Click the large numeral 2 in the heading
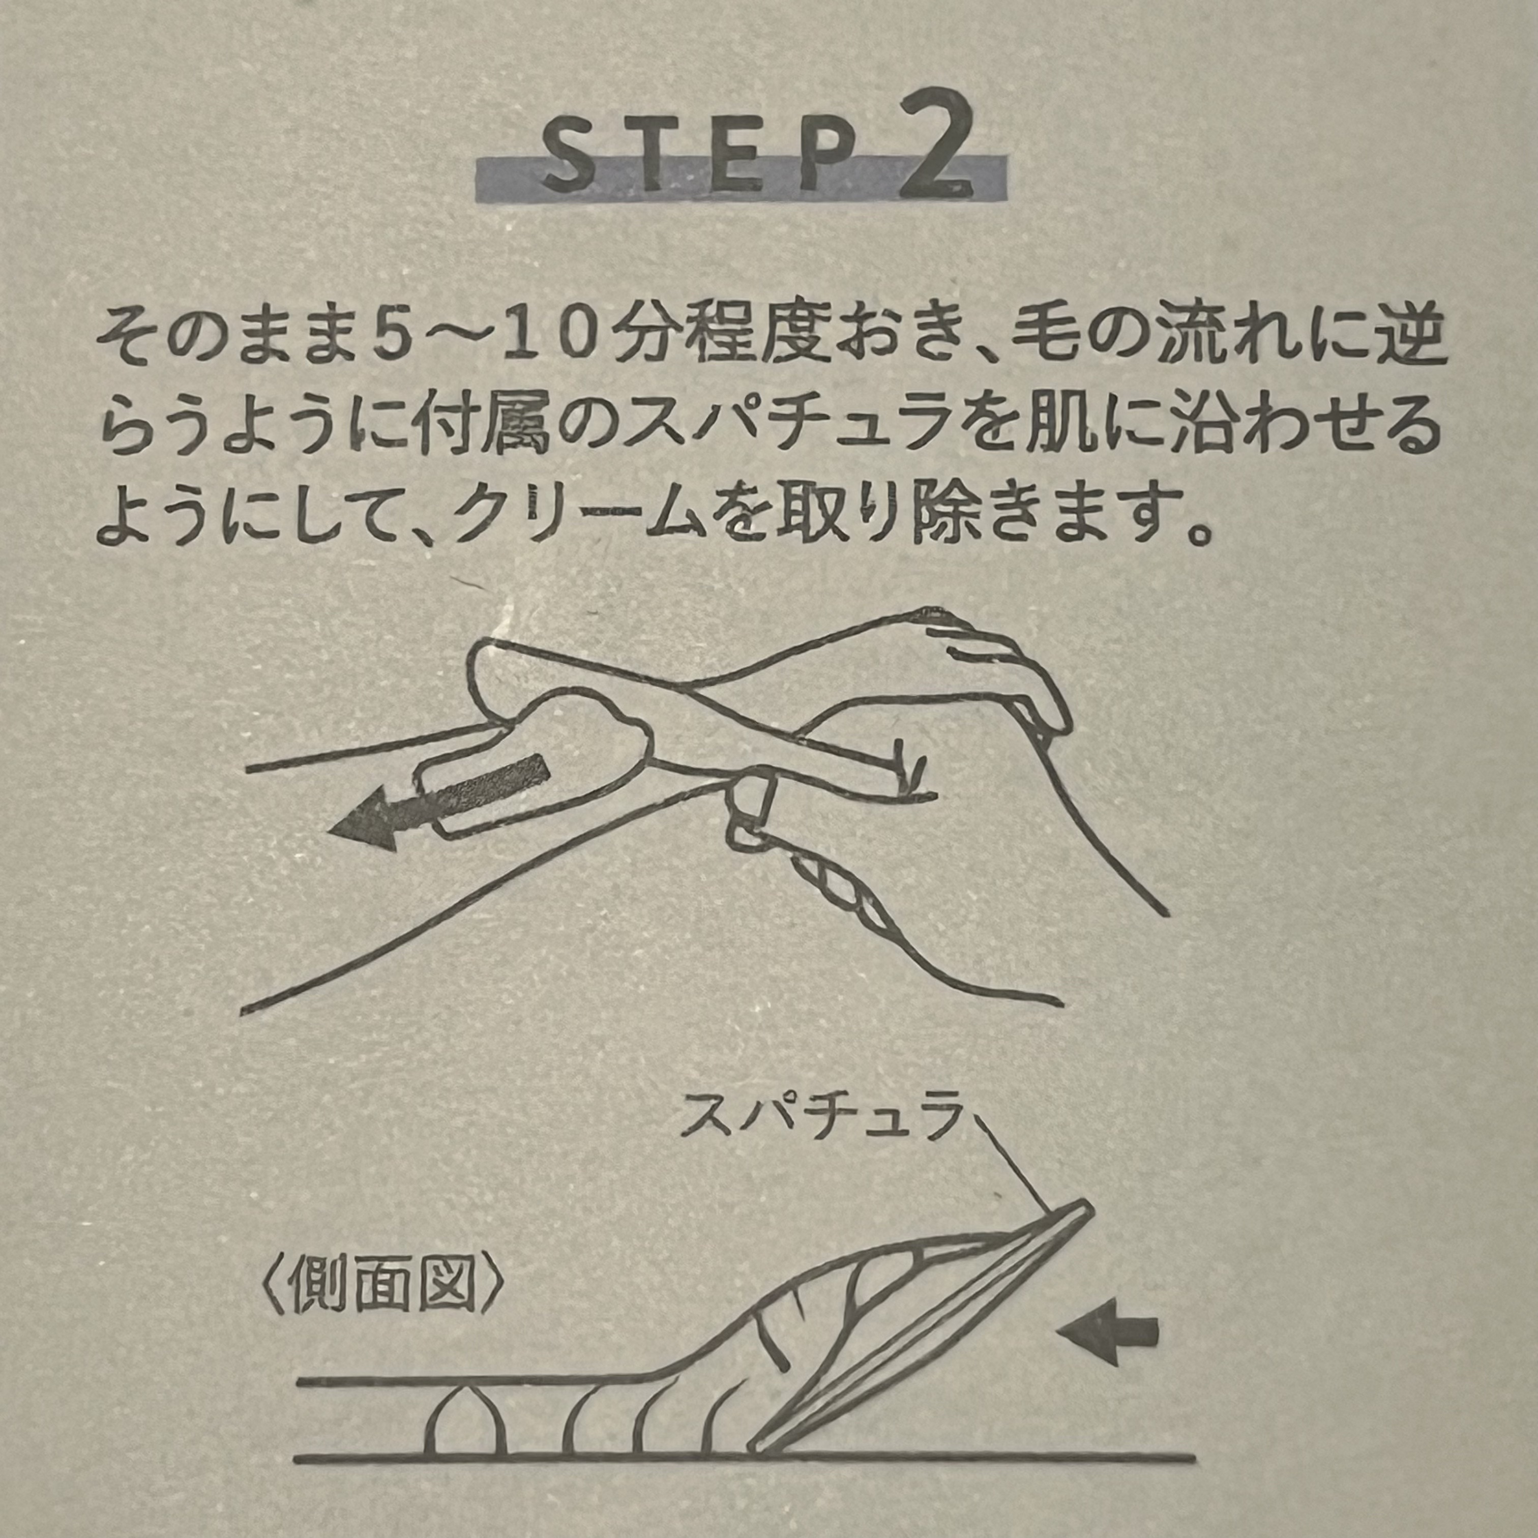pos(937,143)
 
